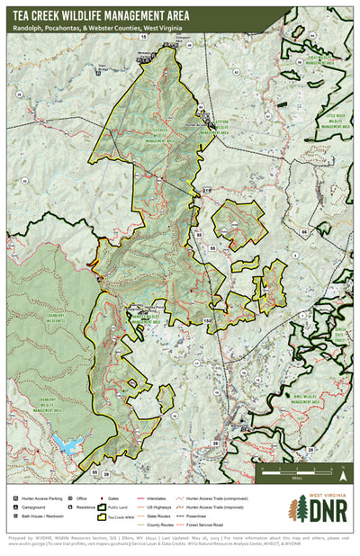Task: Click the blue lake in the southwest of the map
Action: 66,443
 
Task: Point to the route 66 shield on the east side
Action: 305,232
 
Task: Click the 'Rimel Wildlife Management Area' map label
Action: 304,397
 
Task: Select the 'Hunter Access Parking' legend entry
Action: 40,497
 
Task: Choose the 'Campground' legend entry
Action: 36,507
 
